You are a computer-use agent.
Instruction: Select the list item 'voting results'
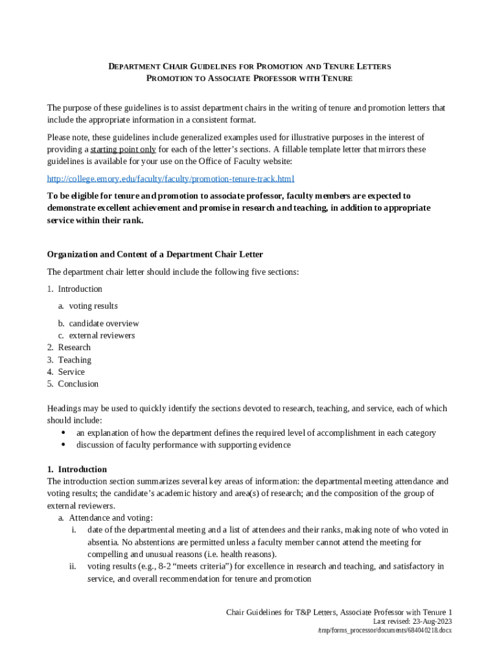(x=93, y=306)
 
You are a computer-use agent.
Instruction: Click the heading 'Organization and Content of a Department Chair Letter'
(x=155, y=254)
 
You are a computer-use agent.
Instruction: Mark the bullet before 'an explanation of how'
(x=63, y=433)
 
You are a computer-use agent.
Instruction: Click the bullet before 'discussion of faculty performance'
(x=63, y=445)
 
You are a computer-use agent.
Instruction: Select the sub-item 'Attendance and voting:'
(x=111, y=518)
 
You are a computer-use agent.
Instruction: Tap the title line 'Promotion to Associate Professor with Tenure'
(x=250, y=78)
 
